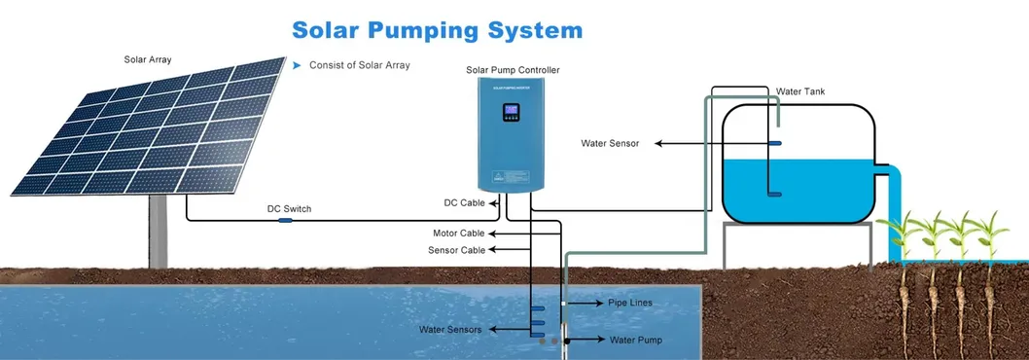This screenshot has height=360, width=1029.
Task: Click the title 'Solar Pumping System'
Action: coord(437,29)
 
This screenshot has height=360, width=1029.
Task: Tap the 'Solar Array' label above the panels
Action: coord(149,59)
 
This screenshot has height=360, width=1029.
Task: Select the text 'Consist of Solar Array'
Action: coord(359,65)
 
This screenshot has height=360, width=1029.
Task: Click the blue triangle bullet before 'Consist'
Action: coord(297,65)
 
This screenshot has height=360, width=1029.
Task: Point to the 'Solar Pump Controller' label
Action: coord(513,70)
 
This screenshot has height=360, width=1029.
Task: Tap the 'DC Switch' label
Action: coord(289,209)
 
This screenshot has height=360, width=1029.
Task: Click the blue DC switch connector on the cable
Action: coord(285,221)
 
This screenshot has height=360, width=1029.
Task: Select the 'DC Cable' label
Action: coord(464,202)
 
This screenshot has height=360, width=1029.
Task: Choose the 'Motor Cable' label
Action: coord(458,234)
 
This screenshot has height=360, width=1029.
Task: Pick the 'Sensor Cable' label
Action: coord(457,250)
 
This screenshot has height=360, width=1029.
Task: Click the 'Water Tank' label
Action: coord(800,91)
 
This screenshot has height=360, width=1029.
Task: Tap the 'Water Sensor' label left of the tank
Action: coord(610,143)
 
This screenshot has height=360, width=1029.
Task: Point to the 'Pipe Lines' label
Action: coord(629,303)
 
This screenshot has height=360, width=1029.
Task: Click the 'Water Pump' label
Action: coord(635,340)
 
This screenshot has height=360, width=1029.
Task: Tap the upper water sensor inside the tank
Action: coord(775,143)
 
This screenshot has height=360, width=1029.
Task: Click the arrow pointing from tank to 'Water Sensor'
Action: coord(710,143)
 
